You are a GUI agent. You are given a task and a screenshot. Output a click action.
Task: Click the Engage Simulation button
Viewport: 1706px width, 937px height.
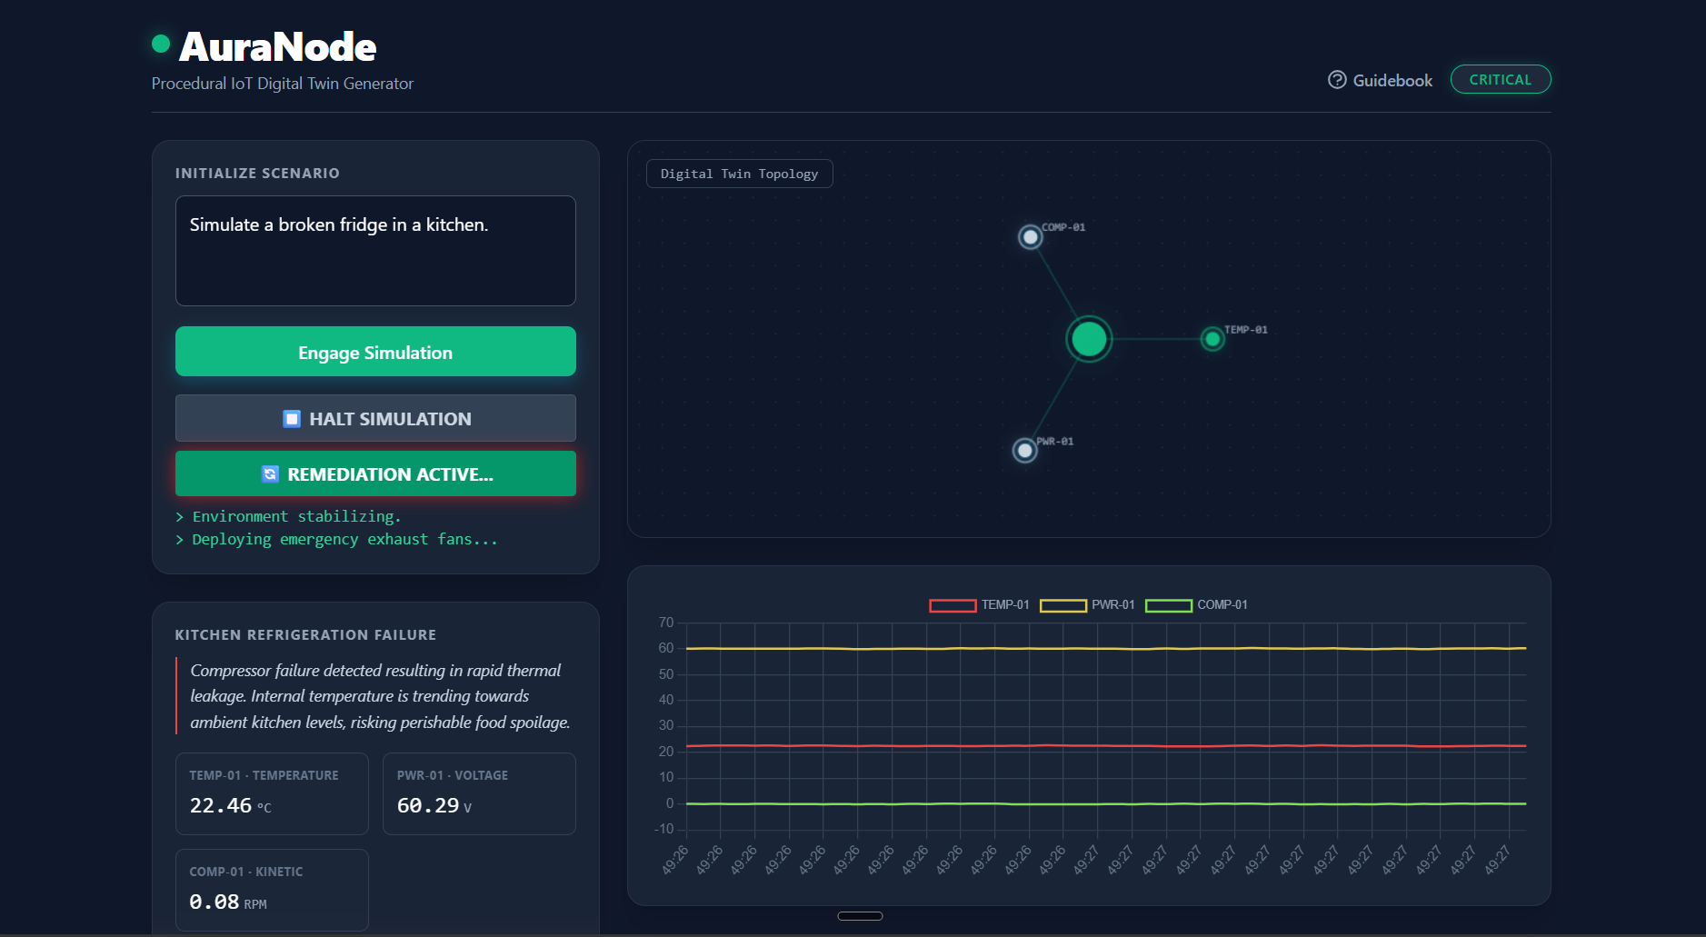(x=375, y=352)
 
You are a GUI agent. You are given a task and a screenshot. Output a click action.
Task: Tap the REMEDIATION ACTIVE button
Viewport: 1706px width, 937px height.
(x=375, y=473)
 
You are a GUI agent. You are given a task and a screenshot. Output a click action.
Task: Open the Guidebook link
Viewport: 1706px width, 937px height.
(x=1380, y=80)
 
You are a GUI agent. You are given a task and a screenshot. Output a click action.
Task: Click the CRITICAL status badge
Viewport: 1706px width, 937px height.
(x=1500, y=79)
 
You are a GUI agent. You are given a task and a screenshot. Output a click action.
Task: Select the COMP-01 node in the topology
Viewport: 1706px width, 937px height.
(x=1030, y=237)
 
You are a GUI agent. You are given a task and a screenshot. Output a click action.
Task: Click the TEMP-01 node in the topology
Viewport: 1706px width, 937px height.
(x=1212, y=339)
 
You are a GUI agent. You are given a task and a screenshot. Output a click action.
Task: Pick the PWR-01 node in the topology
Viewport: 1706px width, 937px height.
(x=1024, y=450)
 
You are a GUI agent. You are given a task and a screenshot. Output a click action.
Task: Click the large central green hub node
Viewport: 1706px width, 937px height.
(x=1089, y=339)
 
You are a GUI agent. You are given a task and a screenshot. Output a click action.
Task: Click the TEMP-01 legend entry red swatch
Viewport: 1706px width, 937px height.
(x=953, y=605)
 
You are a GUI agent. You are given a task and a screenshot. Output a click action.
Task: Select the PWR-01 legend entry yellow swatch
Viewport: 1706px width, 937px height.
(x=1063, y=605)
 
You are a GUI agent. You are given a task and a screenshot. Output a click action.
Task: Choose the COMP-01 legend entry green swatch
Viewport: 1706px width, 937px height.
(x=1168, y=605)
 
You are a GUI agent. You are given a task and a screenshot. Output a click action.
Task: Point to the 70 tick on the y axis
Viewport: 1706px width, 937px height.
(x=666, y=623)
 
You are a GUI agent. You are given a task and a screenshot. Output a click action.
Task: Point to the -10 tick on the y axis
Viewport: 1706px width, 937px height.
(x=664, y=829)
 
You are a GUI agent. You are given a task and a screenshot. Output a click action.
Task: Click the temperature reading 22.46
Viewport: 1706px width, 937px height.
(x=221, y=805)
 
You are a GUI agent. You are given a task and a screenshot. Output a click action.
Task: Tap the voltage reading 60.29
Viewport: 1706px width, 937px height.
(x=428, y=805)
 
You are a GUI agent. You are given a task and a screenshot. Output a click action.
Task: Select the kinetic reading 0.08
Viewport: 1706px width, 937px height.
(x=214, y=902)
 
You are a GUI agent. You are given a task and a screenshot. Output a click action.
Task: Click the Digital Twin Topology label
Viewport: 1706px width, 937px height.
(x=739, y=174)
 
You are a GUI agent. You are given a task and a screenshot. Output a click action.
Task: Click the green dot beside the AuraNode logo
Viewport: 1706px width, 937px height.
(x=161, y=43)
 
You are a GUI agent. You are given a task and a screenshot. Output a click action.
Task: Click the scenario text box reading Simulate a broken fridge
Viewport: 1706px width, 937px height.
(x=375, y=250)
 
